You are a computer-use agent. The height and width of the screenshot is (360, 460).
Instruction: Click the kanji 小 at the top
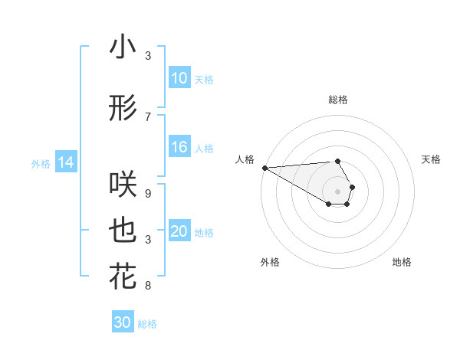[123, 47]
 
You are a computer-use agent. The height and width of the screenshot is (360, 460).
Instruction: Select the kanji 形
[123, 108]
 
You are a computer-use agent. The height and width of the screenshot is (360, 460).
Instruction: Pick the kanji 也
[123, 231]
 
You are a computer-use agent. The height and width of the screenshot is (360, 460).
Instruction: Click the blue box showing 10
[179, 78]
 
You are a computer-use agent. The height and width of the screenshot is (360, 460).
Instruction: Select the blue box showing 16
[179, 148]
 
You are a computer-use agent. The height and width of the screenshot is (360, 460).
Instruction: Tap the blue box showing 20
[179, 232]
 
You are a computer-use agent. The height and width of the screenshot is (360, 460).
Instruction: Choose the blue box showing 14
[65, 162]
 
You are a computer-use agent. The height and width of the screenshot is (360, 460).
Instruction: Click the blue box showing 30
[123, 323]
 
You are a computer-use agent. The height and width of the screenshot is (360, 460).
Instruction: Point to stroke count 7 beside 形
[148, 116]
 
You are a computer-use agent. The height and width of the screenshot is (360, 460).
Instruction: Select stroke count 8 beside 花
[148, 286]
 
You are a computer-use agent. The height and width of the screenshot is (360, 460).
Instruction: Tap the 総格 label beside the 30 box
[147, 324]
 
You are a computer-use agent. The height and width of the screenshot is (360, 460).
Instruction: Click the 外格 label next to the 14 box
[41, 163]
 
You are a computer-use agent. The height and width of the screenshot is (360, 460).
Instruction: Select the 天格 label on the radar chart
[431, 159]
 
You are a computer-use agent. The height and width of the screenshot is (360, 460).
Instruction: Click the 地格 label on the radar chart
[402, 262]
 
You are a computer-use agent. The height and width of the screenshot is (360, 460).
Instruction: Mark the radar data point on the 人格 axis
[264, 168]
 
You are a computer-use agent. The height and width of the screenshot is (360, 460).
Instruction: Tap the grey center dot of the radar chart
[337, 191]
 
